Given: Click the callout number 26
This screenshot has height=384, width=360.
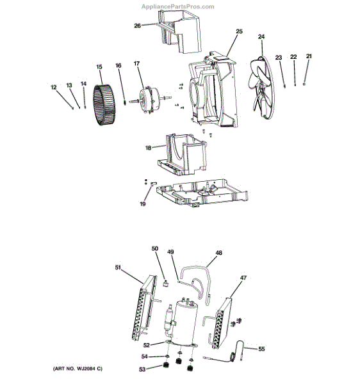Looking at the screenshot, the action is pos(137,26).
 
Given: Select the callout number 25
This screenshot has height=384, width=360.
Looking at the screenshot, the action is pos(239,31).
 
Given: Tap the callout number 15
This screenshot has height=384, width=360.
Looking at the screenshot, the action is pos(99,67).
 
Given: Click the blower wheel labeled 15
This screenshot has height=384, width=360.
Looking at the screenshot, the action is pos(104,105).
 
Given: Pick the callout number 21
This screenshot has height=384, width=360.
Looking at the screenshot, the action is pos(309,56).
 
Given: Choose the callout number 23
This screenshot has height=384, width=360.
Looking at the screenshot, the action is pos(279,58).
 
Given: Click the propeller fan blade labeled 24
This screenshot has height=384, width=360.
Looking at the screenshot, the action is pos(261,88).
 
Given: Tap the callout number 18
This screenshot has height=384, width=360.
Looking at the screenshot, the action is pos(148,148).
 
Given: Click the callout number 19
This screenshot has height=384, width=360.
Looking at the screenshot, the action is pos(143,204).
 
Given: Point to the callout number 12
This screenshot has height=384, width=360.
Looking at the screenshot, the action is pos(53,88).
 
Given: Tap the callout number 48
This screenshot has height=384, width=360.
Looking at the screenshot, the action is pos(218,253).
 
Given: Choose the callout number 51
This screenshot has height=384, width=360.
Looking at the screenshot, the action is pos(118,268).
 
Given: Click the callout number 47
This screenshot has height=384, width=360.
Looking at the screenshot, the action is pos(243,278).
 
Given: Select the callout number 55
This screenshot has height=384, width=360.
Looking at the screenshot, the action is pos(262,349).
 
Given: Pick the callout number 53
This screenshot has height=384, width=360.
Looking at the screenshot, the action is pos(142,369).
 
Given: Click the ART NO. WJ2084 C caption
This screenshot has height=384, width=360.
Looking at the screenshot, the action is pos(78,369).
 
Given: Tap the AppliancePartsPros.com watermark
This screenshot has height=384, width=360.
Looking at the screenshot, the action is pos(177,6).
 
